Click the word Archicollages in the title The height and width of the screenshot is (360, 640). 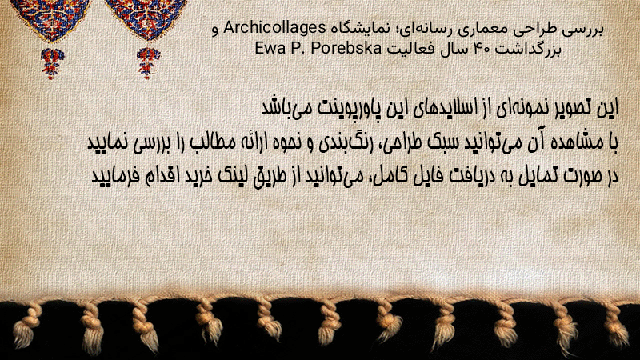click(x=274, y=29)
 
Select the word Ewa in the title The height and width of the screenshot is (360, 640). click(x=270, y=49)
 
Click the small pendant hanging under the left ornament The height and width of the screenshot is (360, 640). click(x=52, y=63)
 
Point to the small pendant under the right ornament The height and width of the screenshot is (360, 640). click(x=148, y=63)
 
